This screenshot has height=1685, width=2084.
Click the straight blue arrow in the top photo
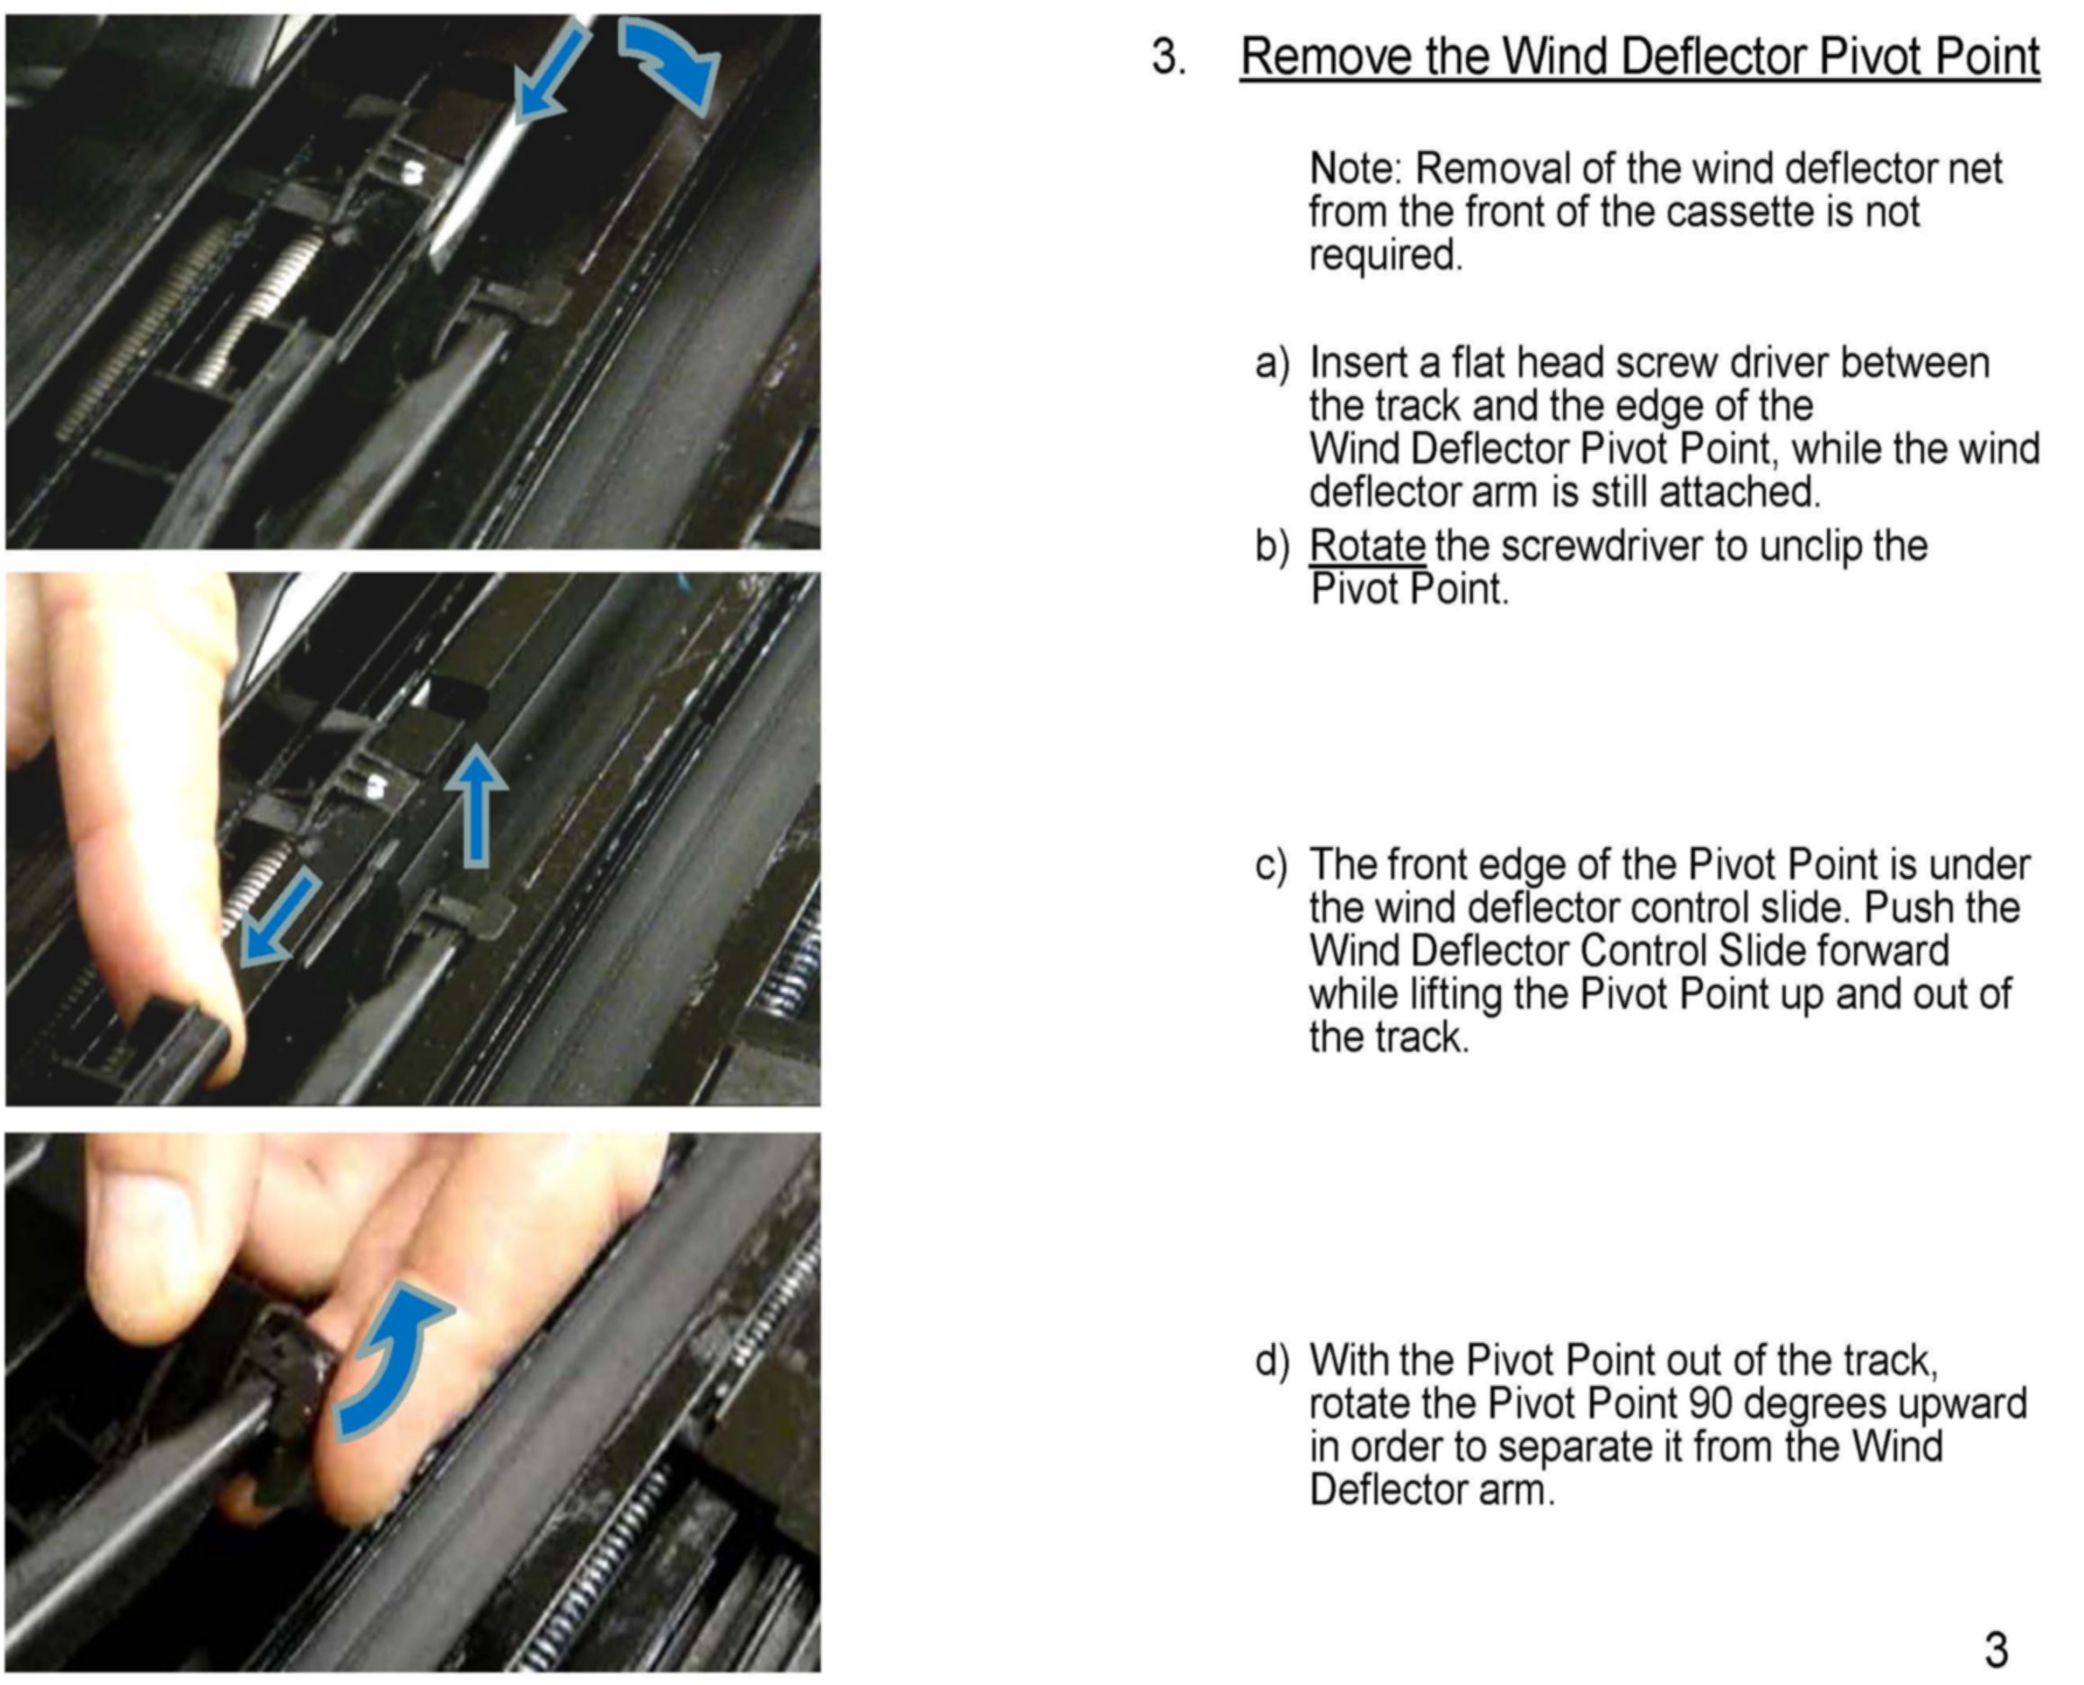point(551,74)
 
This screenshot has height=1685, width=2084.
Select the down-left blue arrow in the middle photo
point(278,917)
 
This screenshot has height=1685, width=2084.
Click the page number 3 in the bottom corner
point(1996,1648)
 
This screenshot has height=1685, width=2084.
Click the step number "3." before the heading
point(1169,57)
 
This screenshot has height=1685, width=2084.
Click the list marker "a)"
point(1273,364)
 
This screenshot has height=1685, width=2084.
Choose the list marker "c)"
point(1272,865)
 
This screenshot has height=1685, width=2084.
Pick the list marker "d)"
point(1273,1361)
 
